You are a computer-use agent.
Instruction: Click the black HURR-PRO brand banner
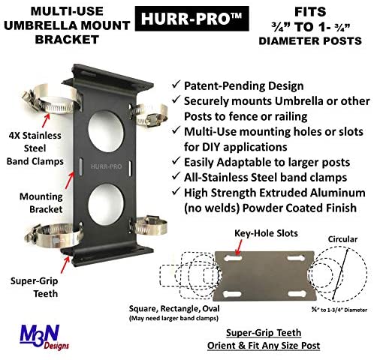point(192,19)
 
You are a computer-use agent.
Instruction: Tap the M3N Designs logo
point(44,336)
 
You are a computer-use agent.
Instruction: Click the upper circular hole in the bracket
point(106,131)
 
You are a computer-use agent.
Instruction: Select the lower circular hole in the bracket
point(106,204)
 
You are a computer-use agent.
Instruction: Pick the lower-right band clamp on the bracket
point(149,226)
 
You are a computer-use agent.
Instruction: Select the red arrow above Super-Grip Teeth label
point(65,265)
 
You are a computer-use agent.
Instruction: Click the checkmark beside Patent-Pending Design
point(176,84)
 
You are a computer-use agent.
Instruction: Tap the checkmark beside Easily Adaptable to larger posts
point(176,160)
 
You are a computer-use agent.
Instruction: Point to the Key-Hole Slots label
point(266,233)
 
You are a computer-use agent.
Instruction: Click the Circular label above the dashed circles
point(342,239)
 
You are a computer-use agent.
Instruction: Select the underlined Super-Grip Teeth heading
point(264,333)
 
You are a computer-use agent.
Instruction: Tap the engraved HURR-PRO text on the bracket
point(106,166)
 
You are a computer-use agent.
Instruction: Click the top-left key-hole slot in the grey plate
point(233,259)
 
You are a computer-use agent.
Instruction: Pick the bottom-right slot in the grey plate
point(297,294)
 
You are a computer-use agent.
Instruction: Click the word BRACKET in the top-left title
point(67,40)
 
